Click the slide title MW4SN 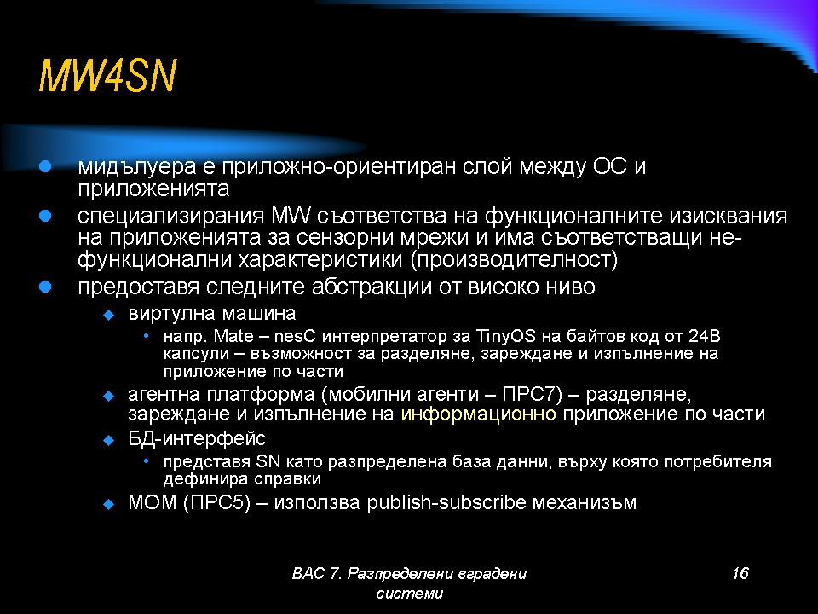107,76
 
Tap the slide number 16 740,573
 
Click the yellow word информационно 478,414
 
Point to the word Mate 233,336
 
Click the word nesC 296,336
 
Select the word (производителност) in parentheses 515,259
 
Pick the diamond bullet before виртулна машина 108,315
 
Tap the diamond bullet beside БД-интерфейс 108,440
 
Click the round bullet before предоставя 45,287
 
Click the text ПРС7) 532,394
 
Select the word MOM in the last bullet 153,502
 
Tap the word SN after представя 268,461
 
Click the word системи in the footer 410,594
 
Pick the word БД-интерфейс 197,438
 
